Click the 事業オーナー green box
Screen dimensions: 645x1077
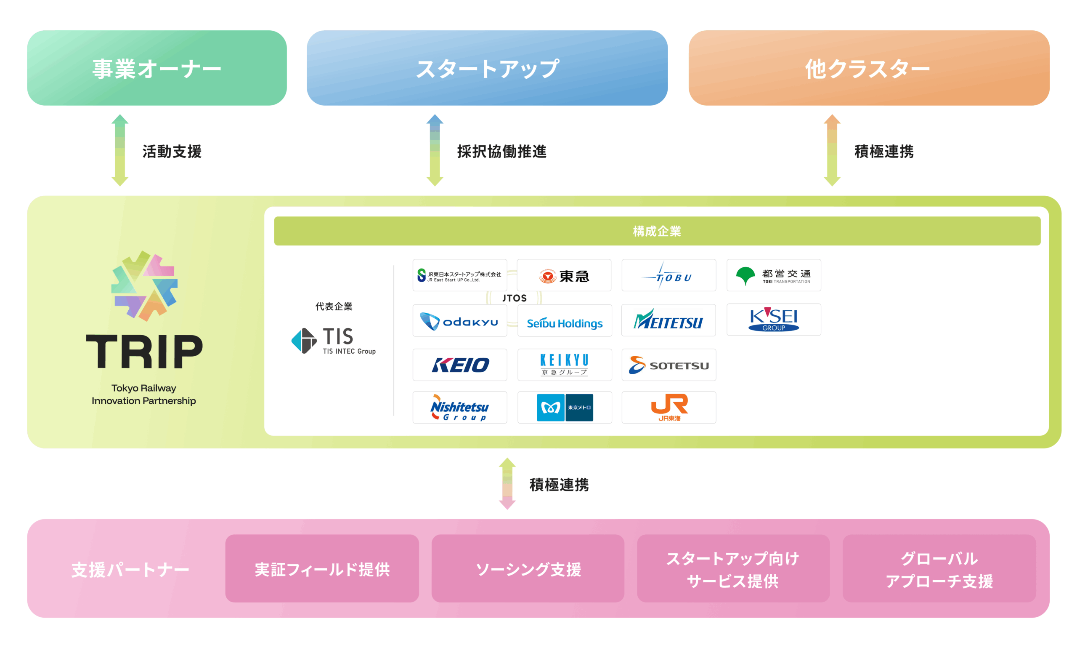[x=157, y=68]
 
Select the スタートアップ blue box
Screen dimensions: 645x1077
[x=487, y=68]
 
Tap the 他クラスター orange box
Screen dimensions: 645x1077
[x=869, y=68]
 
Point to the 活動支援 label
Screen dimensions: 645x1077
[x=172, y=151]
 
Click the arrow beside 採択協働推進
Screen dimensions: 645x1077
[x=435, y=150]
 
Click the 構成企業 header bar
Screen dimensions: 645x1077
[x=657, y=231]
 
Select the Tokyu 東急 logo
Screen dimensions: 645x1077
[x=564, y=276]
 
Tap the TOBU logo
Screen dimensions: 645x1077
[x=669, y=276]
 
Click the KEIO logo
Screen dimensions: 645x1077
[x=459, y=365]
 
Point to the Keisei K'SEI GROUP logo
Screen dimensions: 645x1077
[x=773, y=320]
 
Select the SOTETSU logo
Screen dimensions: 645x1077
[x=669, y=365]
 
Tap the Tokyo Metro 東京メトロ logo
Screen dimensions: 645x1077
[x=565, y=407]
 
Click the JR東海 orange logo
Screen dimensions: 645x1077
[x=669, y=407]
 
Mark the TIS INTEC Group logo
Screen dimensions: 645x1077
[x=333, y=341]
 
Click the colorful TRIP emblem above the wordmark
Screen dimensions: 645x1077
[x=145, y=286]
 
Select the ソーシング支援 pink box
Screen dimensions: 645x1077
[x=528, y=568]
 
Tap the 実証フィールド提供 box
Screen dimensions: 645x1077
[x=322, y=568]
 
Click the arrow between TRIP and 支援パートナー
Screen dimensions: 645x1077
[x=507, y=483]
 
